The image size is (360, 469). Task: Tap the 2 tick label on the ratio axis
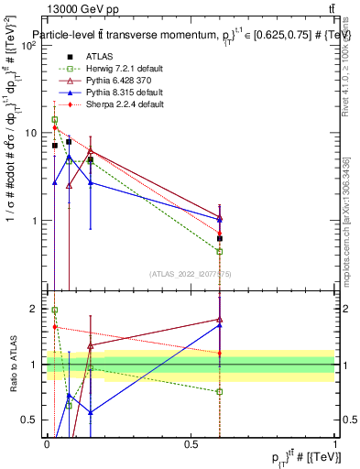click(x=35, y=309)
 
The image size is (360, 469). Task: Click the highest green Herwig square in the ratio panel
click(x=55, y=311)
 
